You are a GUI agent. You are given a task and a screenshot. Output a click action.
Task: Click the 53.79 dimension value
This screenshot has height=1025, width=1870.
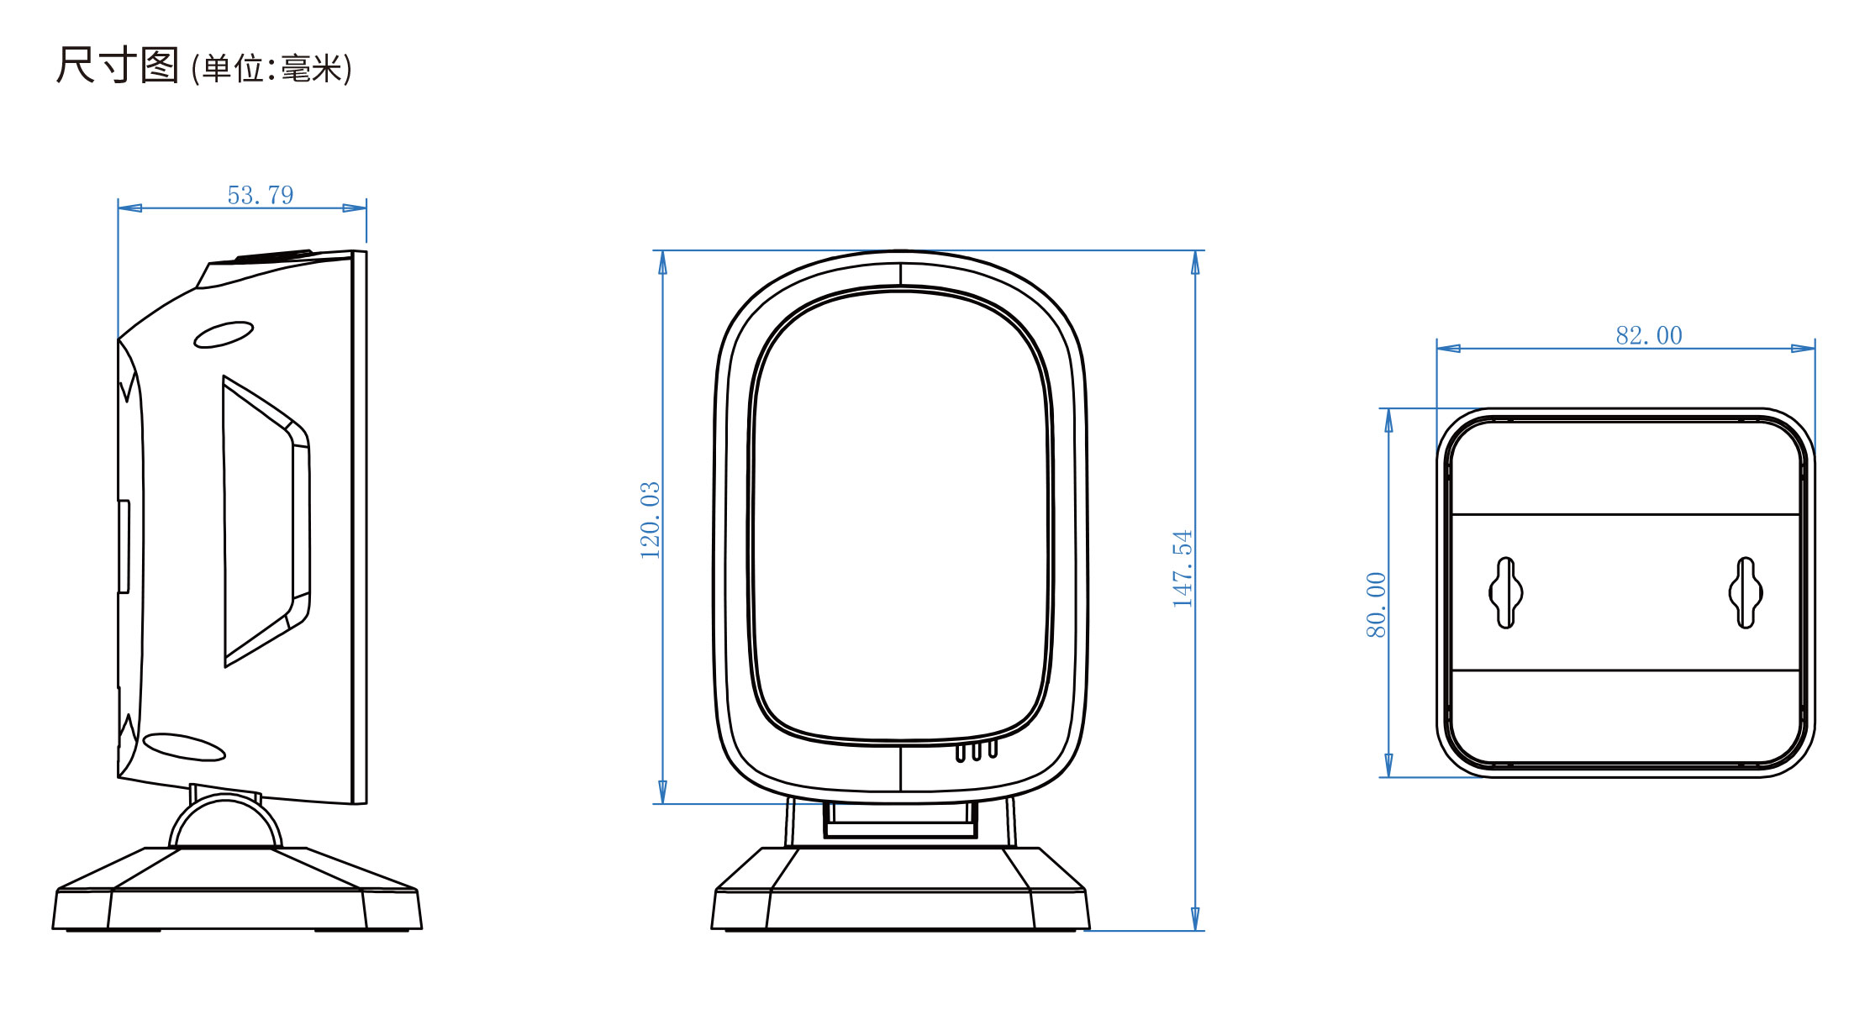[x=261, y=195]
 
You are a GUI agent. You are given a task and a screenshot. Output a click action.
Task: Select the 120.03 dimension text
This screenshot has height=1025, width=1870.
[x=651, y=520]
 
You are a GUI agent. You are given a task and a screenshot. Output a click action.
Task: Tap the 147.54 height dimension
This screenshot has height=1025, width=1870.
[x=1183, y=569]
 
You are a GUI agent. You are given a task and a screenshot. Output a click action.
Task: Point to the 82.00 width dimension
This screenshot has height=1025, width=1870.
[x=1649, y=335]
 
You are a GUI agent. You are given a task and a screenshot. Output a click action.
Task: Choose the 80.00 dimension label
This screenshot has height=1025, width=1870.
[x=1376, y=605]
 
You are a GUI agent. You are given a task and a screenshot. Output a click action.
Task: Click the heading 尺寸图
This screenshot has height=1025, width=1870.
[x=118, y=65]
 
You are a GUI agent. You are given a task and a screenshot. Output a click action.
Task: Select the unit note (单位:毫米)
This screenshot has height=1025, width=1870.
[x=271, y=68]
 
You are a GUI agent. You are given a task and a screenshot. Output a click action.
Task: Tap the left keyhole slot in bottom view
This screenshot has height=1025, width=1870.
[x=1505, y=592]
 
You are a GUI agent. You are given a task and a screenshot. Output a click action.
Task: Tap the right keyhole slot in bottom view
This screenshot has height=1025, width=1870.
[x=1746, y=592]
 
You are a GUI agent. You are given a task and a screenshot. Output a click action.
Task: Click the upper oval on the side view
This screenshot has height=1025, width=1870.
[x=224, y=334]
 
